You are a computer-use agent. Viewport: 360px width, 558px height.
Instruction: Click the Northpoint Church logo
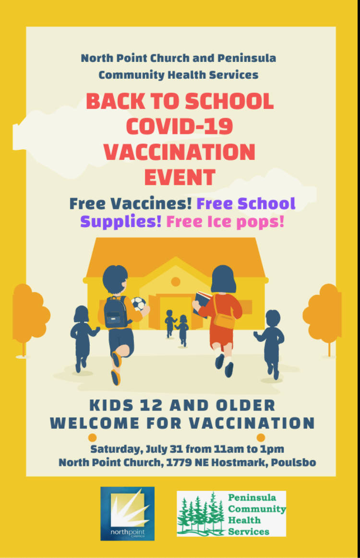pyautogui.click(x=127, y=513)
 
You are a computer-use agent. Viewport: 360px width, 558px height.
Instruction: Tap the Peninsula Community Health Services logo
pyautogui.click(x=231, y=513)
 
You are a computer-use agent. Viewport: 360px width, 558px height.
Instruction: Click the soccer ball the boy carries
pyautogui.click(x=138, y=303)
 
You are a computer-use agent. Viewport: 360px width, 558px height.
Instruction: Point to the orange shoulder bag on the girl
pyautogui.click(x=224, y=317)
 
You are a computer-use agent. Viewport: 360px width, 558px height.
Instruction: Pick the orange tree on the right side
pyautogui.click(x=324, y=312)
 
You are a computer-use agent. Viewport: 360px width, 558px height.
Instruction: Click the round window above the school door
pyautogui.click(x=176, y=281)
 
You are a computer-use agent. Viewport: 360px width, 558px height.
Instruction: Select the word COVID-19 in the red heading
pyautogui.click(x=180, y=126)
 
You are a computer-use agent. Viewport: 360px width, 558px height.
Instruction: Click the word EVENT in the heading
pyautogui.click(x=180, y=177)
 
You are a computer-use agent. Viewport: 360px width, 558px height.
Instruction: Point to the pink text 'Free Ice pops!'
pyautogui.click(x=225, y=222)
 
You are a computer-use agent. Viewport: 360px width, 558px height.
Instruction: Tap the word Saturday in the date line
pyautogui.click(x=114, y=449)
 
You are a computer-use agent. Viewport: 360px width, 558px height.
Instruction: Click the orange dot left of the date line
pyautogui.click(x=93, y=437)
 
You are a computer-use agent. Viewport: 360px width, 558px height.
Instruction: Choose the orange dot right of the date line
pyautogui.click(x=261, y=437)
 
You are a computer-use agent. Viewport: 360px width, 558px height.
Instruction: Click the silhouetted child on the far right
pyautogui.click(x=271, y=341)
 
